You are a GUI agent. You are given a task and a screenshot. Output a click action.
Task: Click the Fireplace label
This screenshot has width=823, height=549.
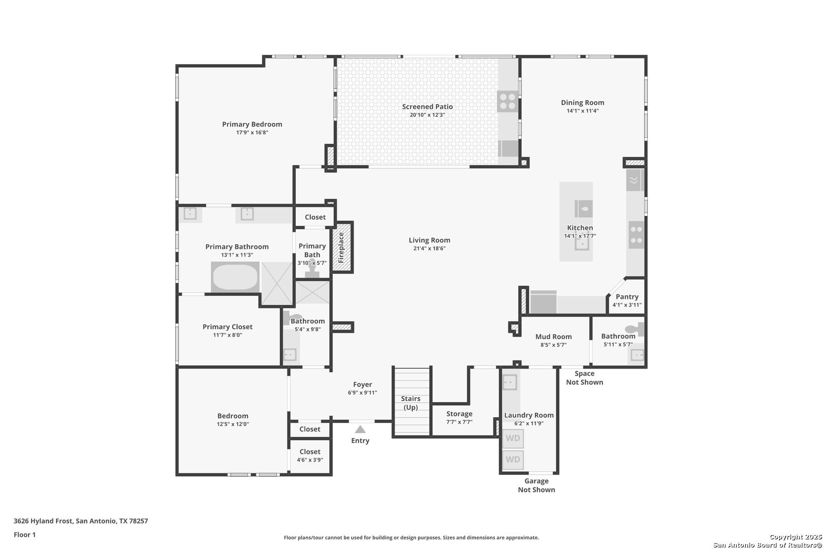(341, 248)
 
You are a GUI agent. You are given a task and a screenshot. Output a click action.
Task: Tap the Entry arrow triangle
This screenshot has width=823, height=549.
(360, 429)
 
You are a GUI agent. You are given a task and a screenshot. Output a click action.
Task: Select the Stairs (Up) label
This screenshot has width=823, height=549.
(411, 403)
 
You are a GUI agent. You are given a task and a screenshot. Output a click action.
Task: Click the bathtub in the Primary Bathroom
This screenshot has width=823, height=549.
(235, 277)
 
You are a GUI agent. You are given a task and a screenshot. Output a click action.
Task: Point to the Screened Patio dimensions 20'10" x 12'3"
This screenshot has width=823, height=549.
(427, 115)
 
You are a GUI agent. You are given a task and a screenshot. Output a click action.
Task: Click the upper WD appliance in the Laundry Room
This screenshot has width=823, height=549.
(513, 438)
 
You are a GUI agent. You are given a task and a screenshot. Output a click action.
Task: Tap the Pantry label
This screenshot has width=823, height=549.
(627, 297)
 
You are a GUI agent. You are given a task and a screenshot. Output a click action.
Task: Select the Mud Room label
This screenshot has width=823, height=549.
(553, 337)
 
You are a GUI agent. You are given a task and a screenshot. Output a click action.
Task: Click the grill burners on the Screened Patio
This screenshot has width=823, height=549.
(508, 102)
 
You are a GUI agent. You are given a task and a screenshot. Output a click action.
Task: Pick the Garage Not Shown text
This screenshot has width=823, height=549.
(536, 485)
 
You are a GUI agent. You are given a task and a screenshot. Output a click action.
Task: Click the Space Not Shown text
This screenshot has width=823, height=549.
(585, 378)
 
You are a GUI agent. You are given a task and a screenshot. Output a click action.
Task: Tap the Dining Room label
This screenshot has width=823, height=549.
(582, 103)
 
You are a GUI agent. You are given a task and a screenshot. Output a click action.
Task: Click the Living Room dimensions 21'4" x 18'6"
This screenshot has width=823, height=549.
(429, 248)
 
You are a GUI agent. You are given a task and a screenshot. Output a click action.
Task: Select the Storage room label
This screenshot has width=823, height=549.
(459, 414)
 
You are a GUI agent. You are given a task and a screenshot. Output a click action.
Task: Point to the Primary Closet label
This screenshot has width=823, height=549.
(228, 326)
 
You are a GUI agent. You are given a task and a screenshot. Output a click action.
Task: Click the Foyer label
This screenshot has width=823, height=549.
(363, 384)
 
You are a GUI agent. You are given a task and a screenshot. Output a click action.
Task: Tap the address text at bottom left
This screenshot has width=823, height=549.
(81, 521)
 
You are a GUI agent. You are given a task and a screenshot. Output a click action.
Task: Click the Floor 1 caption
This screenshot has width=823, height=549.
(24, 535)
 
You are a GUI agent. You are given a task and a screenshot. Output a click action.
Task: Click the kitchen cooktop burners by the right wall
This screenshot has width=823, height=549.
(637, 235)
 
